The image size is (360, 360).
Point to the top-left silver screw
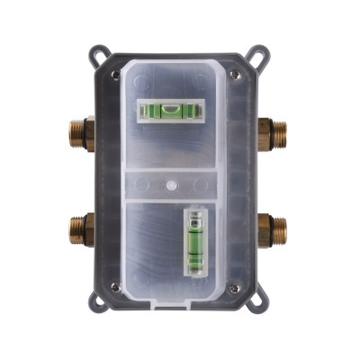115,74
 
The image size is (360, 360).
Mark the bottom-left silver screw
115,287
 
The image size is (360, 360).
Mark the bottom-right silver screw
235,287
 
